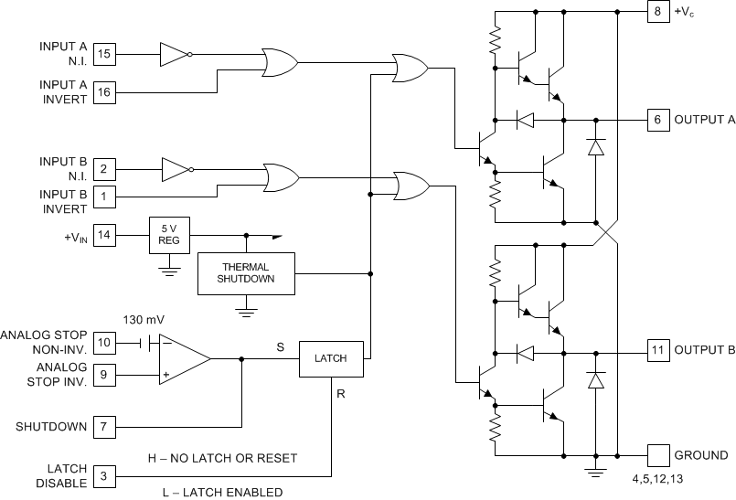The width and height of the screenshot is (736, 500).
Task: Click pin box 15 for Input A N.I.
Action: pyautogui.click(x=104, y=55)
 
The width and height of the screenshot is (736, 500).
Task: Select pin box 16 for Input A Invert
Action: pyautogui.click(x=104, y=90)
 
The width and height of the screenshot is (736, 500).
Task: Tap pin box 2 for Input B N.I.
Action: pyautogui.click(x=104, y=168)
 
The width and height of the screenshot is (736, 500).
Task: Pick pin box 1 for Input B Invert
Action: pyautogui.click(x=104, y=195)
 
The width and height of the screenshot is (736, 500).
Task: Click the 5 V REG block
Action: pyautogui.click(x=169, y=235)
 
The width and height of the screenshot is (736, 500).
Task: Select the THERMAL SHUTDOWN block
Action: pyautogui.click(x=246, y=272)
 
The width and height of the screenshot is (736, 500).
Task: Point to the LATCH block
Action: pyautogui.click(x=331, y=358)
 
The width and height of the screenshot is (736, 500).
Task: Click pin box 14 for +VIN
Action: pyautogui.click(x=104, y=235)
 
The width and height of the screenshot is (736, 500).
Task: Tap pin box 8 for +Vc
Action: pyautogui.click(x=657, y=12)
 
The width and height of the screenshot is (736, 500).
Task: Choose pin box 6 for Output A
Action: pyautogui.click(x=657, y=119)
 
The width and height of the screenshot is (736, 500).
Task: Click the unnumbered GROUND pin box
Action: pyautogui.click(x=657, y=454)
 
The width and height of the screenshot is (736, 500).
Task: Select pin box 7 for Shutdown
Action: pyautogui.click(x=104, y=427)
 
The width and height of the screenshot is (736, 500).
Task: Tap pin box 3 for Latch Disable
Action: pyautogui.click(x=104, y=475)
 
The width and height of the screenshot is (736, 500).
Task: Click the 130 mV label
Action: pyautogui.click(x=144, y=320)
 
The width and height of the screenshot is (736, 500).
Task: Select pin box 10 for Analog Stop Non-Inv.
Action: pyautogui.click(x=104, y=343)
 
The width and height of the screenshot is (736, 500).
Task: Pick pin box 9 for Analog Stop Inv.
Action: pyautogui.click(x=104, y=373)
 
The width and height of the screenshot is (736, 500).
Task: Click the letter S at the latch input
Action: pyautogui.click(x=280, y=346)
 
